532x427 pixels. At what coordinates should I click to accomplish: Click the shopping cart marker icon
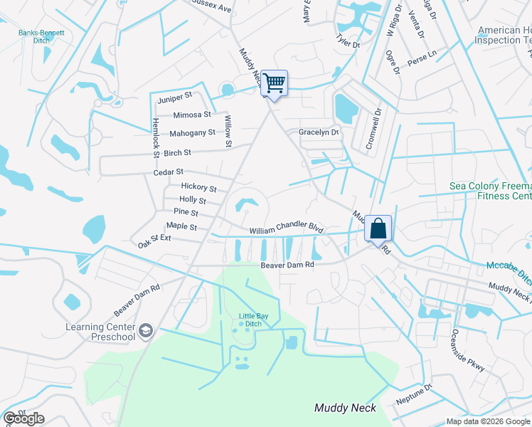click(x=274, y=84)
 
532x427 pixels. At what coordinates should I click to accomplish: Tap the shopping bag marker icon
click(x=378, y=229)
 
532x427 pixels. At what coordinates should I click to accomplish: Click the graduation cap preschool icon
click(x=146, y=330)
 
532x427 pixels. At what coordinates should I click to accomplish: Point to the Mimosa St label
click(x=192, y=114)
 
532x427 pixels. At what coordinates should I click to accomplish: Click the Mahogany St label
click(x=192, y=133)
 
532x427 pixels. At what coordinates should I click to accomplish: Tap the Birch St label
click(x=177, y=152)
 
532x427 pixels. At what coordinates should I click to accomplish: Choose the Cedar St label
click(x=169, y=172)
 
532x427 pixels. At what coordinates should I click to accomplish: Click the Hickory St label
click(x=198, y=188)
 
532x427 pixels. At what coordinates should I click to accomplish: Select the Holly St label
click(x=193, y=200)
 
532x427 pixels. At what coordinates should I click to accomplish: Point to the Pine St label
click(x=186, y=212)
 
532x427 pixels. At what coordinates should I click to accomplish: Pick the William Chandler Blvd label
click(x=286, y=231)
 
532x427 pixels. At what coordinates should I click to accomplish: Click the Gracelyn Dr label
click(x=318, y=132)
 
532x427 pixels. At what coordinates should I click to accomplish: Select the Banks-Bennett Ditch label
click(x=41, y=36)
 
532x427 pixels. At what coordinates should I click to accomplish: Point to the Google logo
click(x=23, y=418)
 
